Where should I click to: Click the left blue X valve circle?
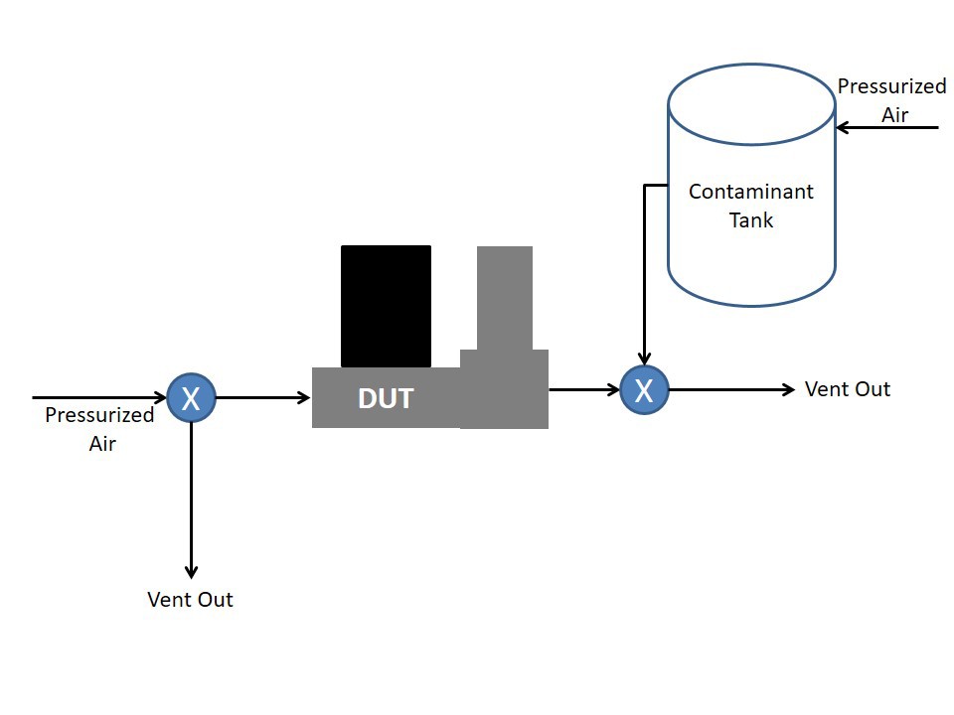[191, 397]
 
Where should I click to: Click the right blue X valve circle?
[644, 389]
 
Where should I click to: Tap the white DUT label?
[386, 399]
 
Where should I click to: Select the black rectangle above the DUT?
[386, 307]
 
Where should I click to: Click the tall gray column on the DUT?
[505, 298]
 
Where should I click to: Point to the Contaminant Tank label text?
[751, 206]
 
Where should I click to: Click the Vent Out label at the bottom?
[190, 600]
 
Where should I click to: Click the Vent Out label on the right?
[847, 389]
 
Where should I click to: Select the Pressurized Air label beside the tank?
[892, 100]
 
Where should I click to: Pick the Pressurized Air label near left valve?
[99, 429]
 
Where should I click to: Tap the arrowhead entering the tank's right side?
[843, 128]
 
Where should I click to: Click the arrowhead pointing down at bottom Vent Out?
[191, 572]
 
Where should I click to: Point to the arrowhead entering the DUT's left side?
[304, 397]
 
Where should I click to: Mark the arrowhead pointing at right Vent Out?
[788, 389]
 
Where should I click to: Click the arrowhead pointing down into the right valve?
[644, 357]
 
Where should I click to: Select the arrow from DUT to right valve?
[584, 389]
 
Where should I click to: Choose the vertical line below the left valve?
[191, 500]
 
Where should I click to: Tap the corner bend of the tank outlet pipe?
[644, 185]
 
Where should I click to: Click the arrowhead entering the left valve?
[159, 397]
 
